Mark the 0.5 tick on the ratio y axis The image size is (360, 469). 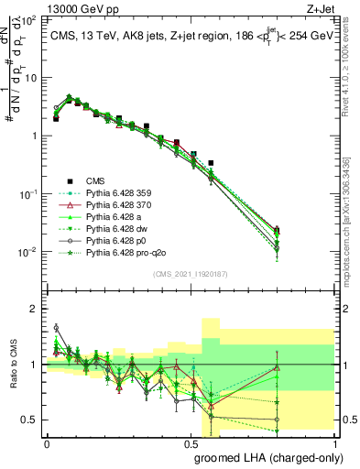[32, 420]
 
